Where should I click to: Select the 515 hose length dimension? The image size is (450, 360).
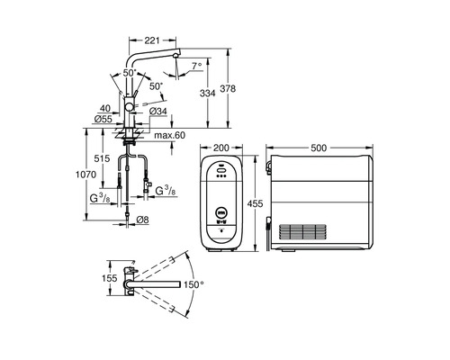(103, 158)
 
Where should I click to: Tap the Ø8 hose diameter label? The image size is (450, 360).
(141, 219)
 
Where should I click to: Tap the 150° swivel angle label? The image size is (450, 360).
(193, 284)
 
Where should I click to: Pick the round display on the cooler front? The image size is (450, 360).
(220, 213)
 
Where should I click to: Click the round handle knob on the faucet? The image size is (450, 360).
(130, 106)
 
